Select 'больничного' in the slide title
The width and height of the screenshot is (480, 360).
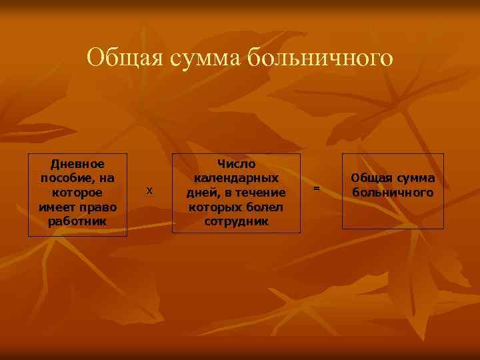[321, 58]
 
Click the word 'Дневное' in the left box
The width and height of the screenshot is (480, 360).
[77, 163]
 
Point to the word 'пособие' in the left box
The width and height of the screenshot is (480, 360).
[67, 178]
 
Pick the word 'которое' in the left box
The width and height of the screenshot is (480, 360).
[77, 193]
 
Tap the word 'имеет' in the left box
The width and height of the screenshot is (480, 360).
[57, 207]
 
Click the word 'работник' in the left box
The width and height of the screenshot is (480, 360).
[77, 221]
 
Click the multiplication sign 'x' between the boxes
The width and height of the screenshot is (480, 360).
[149, 191]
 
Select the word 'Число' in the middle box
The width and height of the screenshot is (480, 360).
[237, 163]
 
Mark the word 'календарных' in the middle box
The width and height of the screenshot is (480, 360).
[237, 178]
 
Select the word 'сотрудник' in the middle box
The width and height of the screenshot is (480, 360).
[237, 221]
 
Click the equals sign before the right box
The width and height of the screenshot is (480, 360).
[317, 189]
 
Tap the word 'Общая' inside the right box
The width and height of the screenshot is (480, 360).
[371, 178]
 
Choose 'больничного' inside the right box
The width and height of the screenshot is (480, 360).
[393, 193]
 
